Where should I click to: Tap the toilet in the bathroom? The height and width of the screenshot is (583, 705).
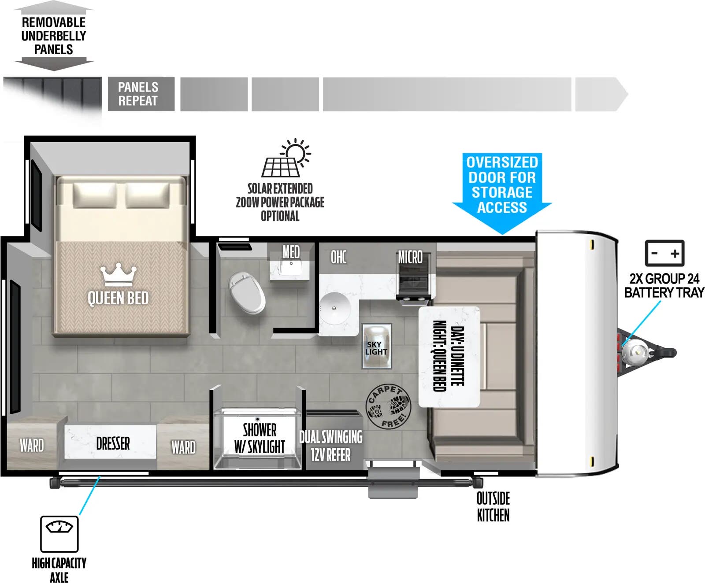(247, 292)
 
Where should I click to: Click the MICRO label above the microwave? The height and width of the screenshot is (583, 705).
(410, 257)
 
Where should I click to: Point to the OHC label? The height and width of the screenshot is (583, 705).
(338, 257)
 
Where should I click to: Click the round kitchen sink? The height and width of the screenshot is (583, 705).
(335, 308)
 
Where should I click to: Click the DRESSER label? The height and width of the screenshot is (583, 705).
(113, 443)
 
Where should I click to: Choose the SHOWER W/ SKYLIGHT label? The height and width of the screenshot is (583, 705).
(260, 438)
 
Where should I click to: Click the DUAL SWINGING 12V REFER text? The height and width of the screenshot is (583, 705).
(331, 446)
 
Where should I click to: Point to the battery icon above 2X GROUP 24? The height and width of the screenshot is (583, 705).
(664, 253)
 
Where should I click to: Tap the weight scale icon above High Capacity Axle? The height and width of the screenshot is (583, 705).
(59, 534)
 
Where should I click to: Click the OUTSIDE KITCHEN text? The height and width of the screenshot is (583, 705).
(493, 507)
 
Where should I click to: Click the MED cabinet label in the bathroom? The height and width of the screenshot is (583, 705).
(291, 252)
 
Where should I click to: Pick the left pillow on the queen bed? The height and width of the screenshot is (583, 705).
(95, 196)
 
